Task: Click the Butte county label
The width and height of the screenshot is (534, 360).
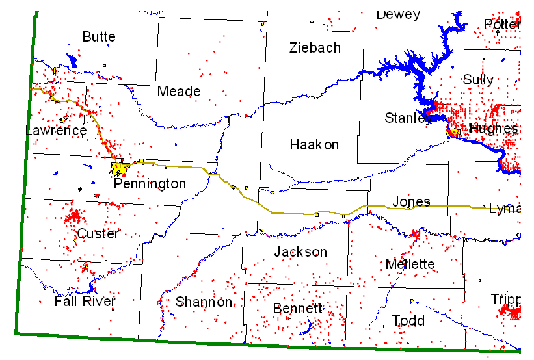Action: (99, 37)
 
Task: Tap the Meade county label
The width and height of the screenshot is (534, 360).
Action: (179, 92)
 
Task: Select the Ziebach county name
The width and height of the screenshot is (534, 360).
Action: (315, 47)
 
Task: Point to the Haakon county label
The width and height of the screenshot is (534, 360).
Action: (314, 144)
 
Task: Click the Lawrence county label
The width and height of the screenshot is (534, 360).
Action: (56, 131)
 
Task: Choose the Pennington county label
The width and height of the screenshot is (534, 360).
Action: (150, 184)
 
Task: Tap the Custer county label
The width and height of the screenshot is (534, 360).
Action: (98, 233)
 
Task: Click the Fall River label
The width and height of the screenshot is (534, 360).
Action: (85, 302)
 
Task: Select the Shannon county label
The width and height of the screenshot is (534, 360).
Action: (204, 302)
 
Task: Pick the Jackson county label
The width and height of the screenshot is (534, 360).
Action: (300, 251)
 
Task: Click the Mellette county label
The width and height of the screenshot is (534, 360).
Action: (410, 264)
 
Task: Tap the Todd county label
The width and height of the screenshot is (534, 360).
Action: (408, 320)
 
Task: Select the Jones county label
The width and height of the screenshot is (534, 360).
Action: (411, 202)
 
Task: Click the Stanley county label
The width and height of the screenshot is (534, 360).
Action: (408, 118)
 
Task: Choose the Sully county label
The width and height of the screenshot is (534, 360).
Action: (478, 80)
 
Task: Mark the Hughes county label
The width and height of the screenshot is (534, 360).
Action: (493, 129)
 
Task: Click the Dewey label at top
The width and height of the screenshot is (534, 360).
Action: (398, 14)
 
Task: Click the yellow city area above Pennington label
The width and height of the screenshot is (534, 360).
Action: (120, 169)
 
